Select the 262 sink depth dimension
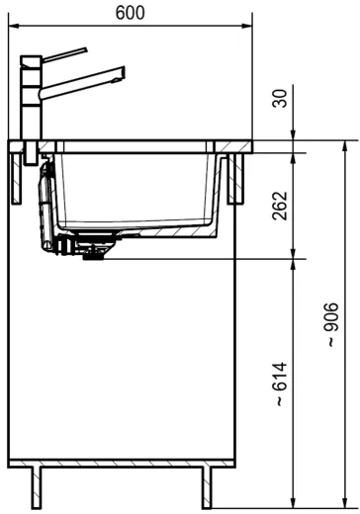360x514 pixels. point(280,205)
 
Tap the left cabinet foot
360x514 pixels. point(39,487)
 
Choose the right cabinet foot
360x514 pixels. point(208,487)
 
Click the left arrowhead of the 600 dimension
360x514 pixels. point(14,26)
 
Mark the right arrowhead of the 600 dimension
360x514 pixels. point(247,26)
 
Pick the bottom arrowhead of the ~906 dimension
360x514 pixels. point(343,499)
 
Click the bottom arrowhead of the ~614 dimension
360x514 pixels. point(294,499)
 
